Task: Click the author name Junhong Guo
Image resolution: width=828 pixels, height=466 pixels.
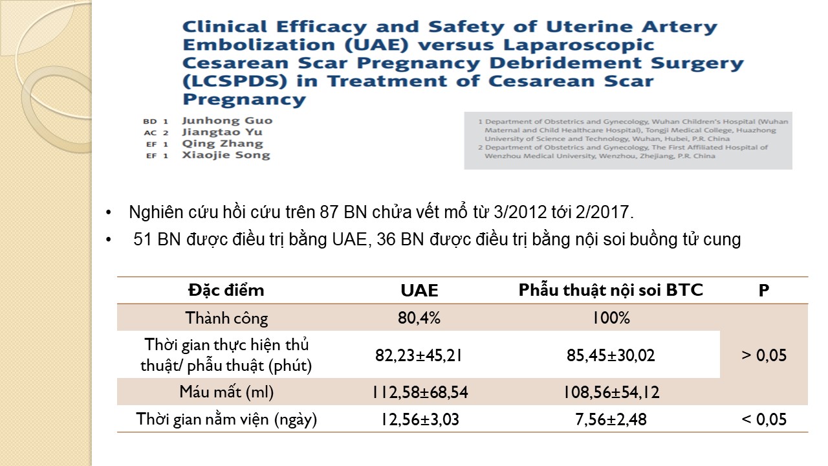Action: [227, 120]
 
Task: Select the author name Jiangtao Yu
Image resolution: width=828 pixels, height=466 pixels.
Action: [223, 132]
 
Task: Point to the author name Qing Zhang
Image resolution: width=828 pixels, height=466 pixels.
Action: [223, 144]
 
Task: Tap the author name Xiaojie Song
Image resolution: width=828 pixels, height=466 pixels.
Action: [226, 155]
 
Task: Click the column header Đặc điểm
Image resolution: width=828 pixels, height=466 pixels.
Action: [226, 291]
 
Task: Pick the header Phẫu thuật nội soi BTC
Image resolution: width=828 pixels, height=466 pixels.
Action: [611, 291]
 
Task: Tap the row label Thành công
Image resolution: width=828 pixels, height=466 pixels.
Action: [226, 318]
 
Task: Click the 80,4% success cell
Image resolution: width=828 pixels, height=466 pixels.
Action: [419, 318]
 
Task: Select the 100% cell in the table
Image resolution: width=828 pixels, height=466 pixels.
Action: [611, 318]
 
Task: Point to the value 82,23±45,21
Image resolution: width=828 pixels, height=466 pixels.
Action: [419, 355]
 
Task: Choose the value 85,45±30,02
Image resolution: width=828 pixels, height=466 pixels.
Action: [611, 355]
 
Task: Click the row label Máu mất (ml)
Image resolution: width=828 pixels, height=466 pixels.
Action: [226, 392]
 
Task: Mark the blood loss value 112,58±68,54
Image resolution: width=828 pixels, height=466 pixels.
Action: [419, 392]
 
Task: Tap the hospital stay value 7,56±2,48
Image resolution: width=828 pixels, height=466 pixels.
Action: [611, 419]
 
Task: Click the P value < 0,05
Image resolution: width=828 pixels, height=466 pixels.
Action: [764, 419]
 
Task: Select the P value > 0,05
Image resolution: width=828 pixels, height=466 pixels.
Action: [764, 355]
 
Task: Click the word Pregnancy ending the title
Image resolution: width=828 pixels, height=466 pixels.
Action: [244, 100]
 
